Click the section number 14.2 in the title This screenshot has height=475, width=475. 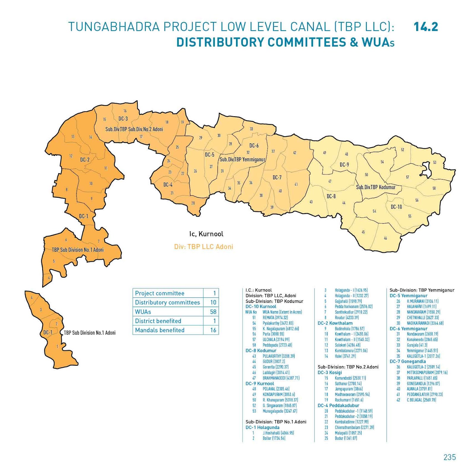(x=425, y=27)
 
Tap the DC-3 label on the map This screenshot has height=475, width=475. (x=123, y=119)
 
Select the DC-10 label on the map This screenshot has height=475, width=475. (x=396, y=207)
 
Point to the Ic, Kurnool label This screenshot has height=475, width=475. (x=206, y=234)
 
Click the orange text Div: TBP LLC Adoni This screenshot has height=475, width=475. (x=204, y=247)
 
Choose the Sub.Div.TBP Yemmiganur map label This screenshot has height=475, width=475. (x=242, y=160)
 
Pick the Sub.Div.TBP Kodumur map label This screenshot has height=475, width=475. (x=376, y=187)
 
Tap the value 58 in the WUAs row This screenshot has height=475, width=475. (x=213, y=312)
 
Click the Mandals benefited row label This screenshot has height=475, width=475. (x=160, y=330)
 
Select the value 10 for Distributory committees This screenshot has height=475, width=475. (x=213, y=303)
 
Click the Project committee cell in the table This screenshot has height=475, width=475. (x=160, y=293)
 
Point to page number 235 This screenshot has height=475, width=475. (x=449, y=457)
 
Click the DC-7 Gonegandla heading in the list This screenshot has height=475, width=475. (x=408, y=362)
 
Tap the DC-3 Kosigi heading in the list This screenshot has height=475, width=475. (x=330, y=373)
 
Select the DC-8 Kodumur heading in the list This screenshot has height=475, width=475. (x=261, y=351)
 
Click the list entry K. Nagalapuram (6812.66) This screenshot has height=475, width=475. (x=281, y=329)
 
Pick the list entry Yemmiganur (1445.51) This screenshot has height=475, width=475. (x=422, y=351)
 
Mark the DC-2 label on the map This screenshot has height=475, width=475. (x=85, y=160)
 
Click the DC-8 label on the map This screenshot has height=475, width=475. (x=331, y=196)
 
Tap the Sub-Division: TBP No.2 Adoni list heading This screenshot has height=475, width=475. (x=348, y=367)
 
